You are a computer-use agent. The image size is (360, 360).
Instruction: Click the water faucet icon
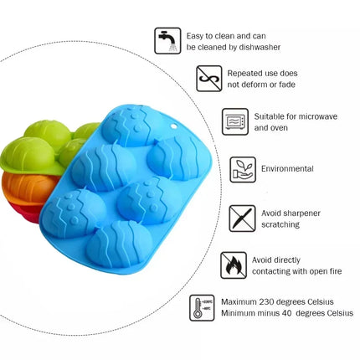[x=167, y=41]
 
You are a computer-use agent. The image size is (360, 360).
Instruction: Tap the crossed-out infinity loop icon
[x=209, y=79]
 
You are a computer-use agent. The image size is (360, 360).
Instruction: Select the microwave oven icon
[x=235, y=121]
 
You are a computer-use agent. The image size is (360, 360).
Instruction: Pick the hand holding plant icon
[x=243, y=170]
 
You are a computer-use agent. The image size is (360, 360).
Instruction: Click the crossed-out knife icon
[x=242, y=219]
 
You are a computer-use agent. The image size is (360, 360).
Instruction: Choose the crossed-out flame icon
[x=234, y=265]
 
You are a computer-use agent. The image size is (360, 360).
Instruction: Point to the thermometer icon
[x=202, y=308]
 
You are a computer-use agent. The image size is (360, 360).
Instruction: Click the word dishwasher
[x=260, y=48]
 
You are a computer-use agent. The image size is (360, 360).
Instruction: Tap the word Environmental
[x=287, y=169]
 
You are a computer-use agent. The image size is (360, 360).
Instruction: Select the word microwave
[x=316, y=116]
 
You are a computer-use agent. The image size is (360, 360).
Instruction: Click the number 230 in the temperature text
[x=268, y=302]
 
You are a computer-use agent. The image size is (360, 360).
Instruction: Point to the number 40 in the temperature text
[x=286, y=313]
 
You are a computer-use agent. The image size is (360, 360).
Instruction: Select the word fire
[x=335, y=271]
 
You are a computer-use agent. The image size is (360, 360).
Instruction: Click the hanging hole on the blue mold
[x=174, y=126]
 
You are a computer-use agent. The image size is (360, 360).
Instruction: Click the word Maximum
[x=239, y=302]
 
